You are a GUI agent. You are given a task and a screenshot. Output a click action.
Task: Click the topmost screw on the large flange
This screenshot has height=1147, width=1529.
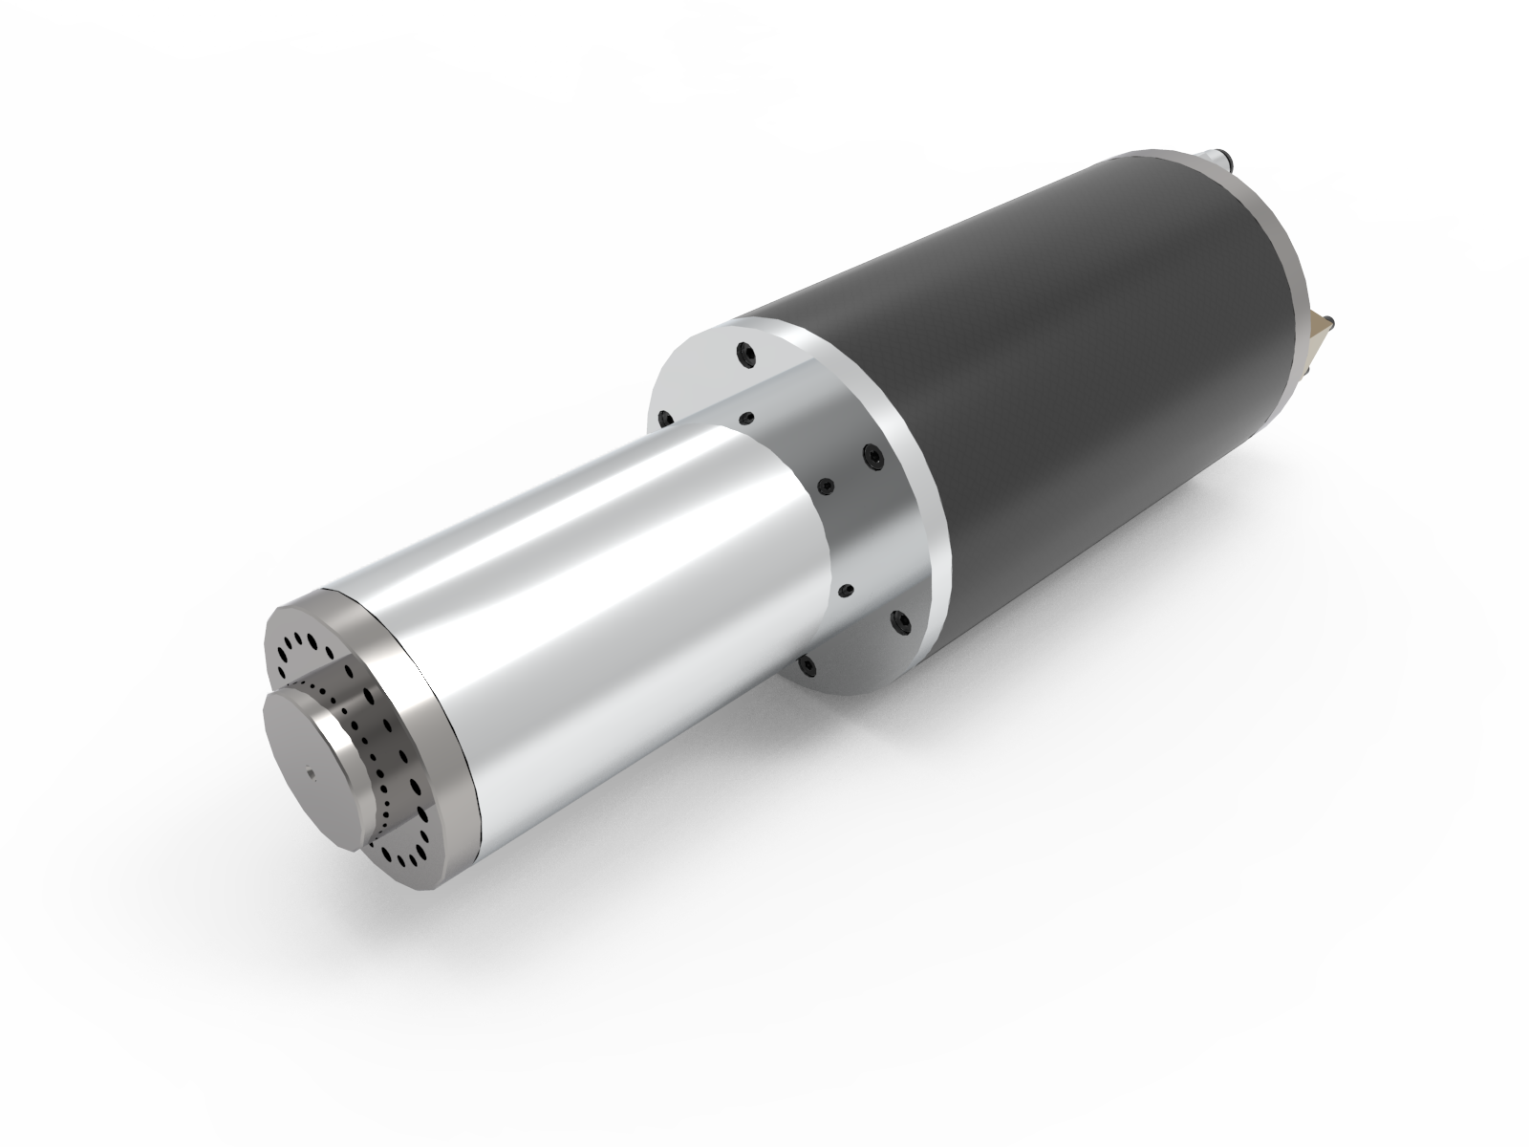click(743, 355)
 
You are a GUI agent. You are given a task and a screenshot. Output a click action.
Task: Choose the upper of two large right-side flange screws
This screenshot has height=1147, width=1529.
click(871, 457)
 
